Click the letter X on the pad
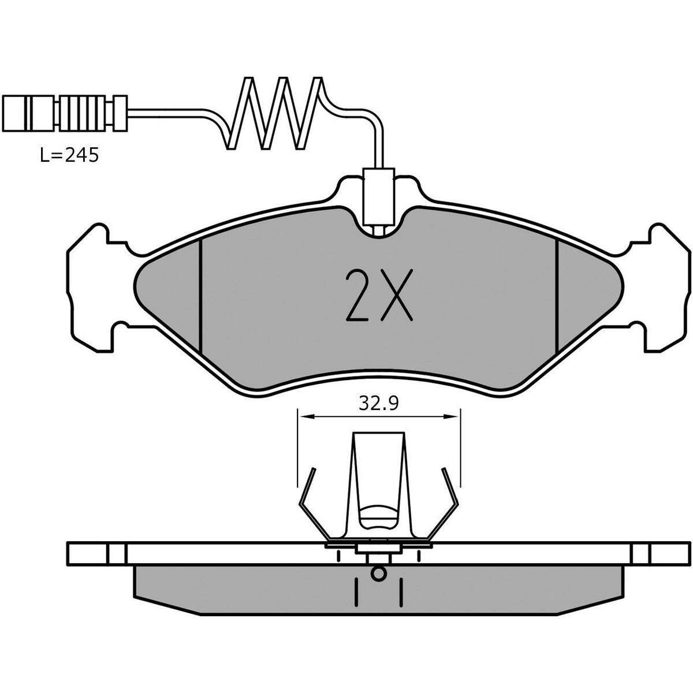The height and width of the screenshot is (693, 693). coord(396,295)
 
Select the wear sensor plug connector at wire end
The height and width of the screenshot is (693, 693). coord(64,113)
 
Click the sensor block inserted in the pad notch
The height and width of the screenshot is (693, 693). coord(378,196)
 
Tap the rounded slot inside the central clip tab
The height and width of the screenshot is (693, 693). coord(378,514)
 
